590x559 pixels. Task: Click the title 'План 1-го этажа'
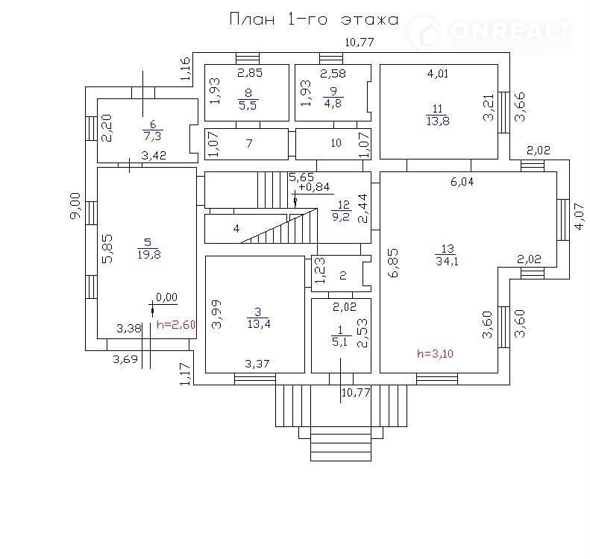(x=314, y=19)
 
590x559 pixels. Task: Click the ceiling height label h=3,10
(x=435, y=353)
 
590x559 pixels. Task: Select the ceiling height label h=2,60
(x=176, y=324)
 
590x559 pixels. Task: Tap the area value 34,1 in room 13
(x=447, y=261)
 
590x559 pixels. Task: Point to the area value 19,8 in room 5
(x=149, y=254)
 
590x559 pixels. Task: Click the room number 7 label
(x=248, y=143)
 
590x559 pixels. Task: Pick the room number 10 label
(x=336, y=143)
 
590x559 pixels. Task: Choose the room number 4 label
(x=236, y=228)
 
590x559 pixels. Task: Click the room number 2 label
(x=343, y=276)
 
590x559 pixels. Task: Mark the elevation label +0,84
(x=314, y=187)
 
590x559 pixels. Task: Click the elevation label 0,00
(x=166, y=297)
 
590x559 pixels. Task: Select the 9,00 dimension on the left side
(x=75, y=205)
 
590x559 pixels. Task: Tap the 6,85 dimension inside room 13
(x=393, y=263)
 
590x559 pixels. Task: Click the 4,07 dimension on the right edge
(x=580, y=216)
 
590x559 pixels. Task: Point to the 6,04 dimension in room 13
(x=462, y=182)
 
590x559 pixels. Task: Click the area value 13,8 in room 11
(x=438, y=121)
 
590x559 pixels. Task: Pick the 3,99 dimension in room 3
(x=217, y=315)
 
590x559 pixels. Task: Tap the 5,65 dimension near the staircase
(x=301, y=177)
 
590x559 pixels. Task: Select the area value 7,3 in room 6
(x=152, y=136)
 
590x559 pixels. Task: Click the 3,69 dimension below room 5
(x=125, y=359)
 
